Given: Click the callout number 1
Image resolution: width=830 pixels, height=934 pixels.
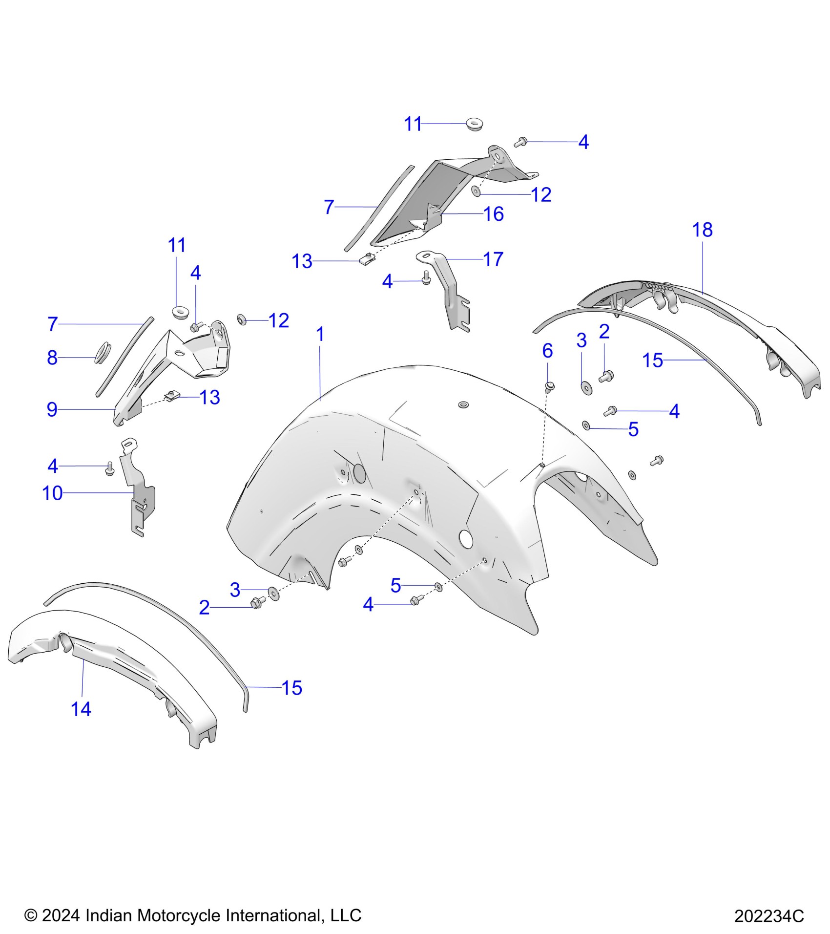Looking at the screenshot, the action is pos(320,335).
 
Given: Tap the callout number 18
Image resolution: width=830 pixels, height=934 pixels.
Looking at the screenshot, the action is pos(702,230).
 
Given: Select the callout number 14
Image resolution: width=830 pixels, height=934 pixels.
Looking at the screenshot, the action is pos(81,709).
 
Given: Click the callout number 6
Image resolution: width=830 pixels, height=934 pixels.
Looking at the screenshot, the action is pos(547,351).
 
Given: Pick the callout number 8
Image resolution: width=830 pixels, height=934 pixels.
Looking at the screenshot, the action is pos(52,358).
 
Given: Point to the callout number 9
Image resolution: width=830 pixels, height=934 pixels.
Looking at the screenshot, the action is pos(52,409).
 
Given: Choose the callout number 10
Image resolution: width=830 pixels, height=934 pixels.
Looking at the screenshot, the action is pos(53,493).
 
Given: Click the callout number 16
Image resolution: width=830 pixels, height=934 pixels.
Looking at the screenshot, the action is pos(494,214).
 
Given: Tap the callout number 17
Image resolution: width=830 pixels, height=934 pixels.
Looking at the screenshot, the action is pos(493,259).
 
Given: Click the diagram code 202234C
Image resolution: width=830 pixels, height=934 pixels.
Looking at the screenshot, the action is pos(769,915).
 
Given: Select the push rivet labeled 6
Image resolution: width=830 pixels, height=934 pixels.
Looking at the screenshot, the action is pos(550,387).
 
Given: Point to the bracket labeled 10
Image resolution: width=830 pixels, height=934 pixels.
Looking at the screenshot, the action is pos(139,493).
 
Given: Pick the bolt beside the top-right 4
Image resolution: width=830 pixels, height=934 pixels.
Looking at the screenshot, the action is pos(520,142).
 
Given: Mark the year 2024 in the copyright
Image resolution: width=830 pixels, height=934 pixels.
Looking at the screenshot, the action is pos(61,915).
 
